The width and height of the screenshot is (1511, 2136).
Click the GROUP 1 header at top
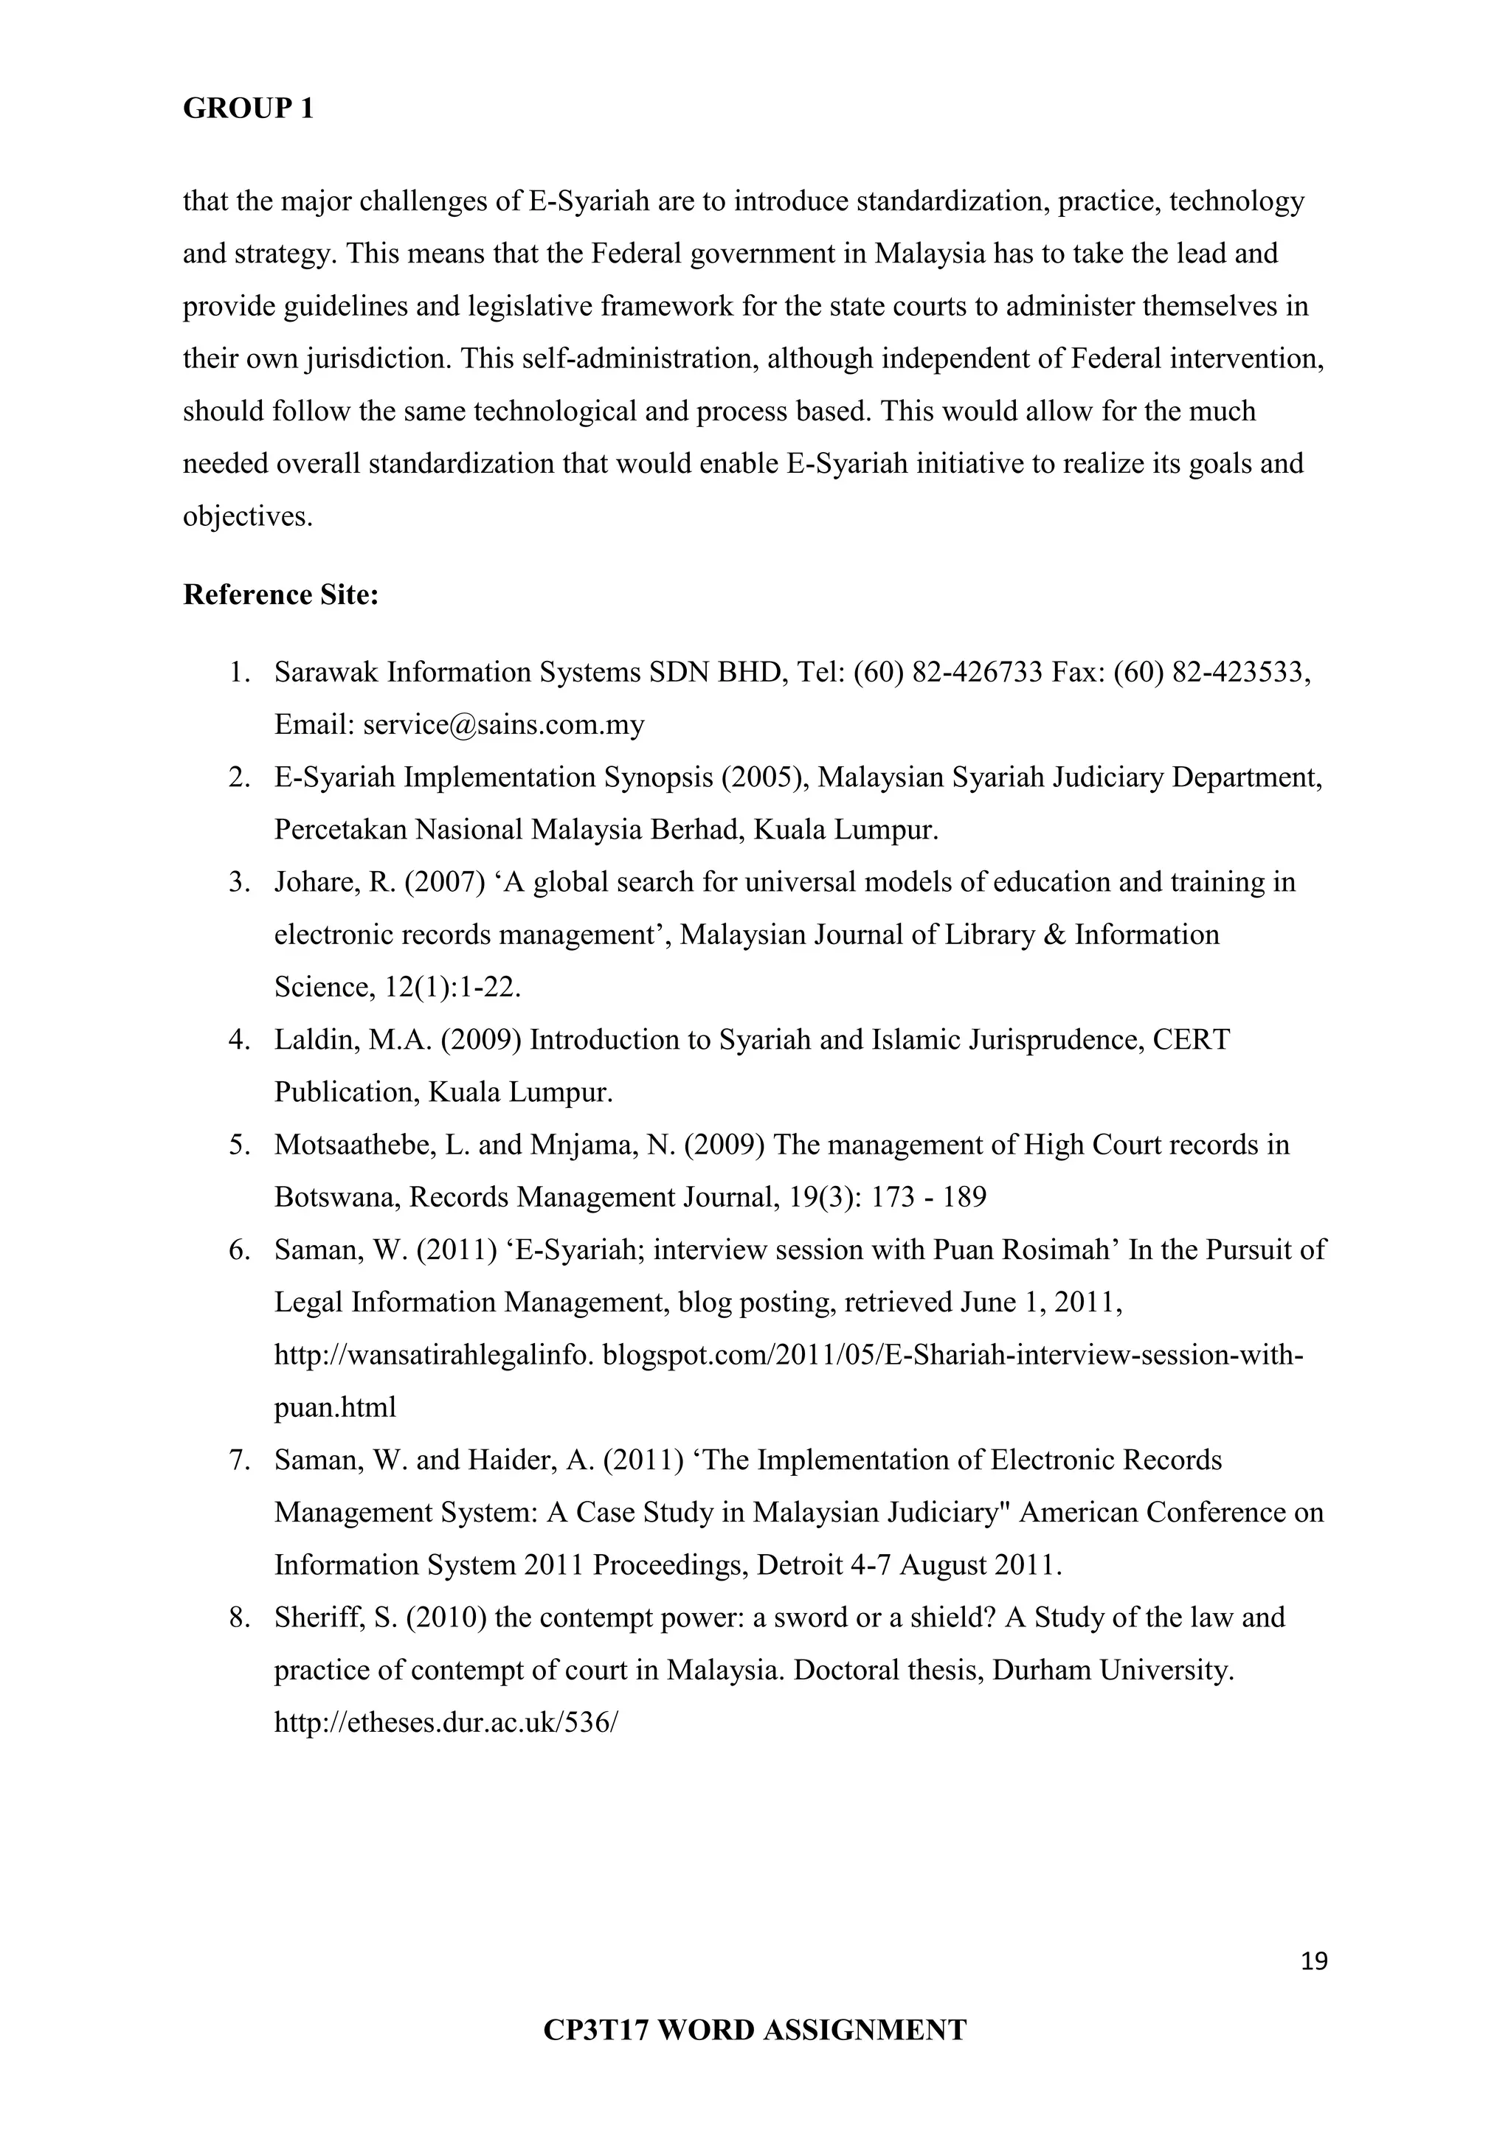coord(249,109)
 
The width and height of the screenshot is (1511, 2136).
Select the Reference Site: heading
coord(281,594)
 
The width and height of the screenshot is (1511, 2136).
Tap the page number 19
coord(1314,1962)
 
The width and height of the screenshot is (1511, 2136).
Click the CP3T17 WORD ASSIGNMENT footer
coord(755,2029)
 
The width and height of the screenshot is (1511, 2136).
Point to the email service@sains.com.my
coord(503,725)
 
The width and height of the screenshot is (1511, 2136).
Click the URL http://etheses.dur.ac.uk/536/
coord(446,1722)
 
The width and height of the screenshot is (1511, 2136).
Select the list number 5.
coord(239,1144)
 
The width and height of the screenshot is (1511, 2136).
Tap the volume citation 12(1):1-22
coord(452,987)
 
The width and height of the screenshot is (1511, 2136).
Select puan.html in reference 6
coord(335,1407)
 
